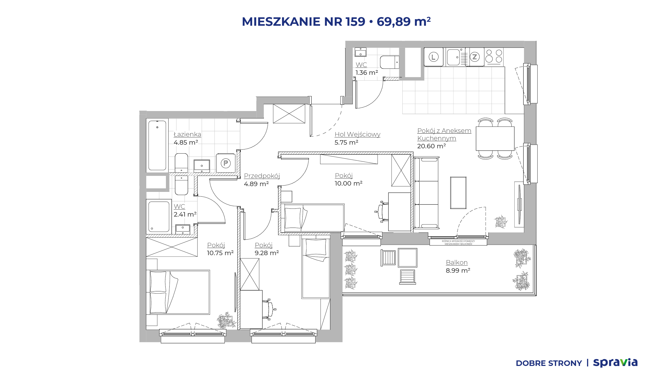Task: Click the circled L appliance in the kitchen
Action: click(433, 57)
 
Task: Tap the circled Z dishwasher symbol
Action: click(475, 57)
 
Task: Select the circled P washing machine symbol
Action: click(226, 163)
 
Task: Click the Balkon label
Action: click(457, 262)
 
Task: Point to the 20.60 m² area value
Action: click(431, 146)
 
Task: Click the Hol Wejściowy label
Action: click(357, 134)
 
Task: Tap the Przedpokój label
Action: click(262, 176)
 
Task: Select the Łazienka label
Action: click(187, 134)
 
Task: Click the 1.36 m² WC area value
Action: click(367, 72)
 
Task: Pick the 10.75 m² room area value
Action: click(220, 253)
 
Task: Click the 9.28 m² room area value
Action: click(267, 253)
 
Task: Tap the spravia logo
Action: click(615, 363)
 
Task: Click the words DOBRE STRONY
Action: click(549, 363)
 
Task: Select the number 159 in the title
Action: click(355, 22)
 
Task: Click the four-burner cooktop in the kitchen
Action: click(494, 56)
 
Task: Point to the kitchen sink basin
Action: click(453, 57)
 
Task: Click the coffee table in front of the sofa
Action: click(458, 193)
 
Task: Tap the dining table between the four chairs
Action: click(495, 139)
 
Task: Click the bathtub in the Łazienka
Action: click(157, 145)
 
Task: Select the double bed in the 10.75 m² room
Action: click(180, 292)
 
